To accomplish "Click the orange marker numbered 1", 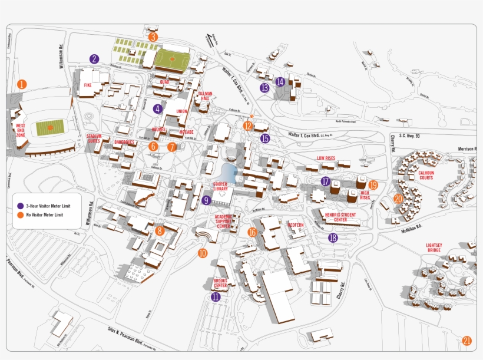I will (22, 84).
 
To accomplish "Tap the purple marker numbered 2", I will (94, 58).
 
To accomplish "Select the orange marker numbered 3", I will (153, 37).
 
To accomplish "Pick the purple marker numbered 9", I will (206, 200).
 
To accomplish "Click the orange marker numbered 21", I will (467, 341).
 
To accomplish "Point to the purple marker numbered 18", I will (333, 238).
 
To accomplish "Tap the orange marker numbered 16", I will (252, 232).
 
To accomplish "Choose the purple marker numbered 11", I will (216, 297).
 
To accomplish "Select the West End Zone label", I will (21, 130).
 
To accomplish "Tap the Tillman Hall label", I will (205, 97).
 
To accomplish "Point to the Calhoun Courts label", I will (426, 175).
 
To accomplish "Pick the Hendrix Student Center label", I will (341, 217).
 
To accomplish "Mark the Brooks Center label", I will (220, 283).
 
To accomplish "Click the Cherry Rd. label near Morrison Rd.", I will (392, 143).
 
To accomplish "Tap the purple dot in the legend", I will (20, 206).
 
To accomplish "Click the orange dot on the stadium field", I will (50, 127).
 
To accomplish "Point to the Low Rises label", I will (326, 158).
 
